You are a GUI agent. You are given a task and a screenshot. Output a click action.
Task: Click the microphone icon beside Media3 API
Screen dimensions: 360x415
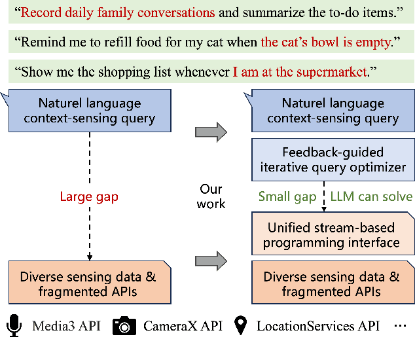click(x=15, y=325)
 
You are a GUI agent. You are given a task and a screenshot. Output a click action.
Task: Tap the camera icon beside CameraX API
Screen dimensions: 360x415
click(x=124, y=325)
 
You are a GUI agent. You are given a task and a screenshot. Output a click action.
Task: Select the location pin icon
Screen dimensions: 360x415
click(x=242, y=325)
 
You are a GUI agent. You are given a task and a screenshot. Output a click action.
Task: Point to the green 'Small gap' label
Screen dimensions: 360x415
click(x=287, y=196)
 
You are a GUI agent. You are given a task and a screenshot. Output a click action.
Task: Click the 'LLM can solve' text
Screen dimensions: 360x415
click(x=371, y=196)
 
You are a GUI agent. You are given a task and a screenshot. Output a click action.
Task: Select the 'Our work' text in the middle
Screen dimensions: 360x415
click(x=211, y=196)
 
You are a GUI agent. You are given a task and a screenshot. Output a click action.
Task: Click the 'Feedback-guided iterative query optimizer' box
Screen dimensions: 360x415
click(x=334, y=160)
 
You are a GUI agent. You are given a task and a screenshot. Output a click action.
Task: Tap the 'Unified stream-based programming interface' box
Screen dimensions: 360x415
click(x=334, y=235)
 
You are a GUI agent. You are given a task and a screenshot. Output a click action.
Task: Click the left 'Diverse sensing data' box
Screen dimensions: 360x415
click(x=89, y=283)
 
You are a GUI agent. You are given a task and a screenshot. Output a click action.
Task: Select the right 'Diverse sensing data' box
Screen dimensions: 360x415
click(x=334, y=283)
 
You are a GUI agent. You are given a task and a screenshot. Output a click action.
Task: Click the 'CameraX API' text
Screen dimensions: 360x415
click(x=180, y=326)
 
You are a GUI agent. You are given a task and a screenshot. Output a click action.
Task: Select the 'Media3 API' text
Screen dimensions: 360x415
click(x=66, y=326)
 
